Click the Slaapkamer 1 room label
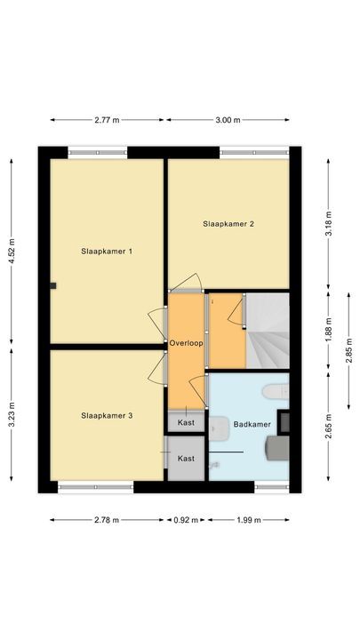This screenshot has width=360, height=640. point(107,252)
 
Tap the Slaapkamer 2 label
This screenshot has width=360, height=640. point(228,224)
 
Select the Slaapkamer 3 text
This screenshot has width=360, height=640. point(107,415)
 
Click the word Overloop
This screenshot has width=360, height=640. point(187,341)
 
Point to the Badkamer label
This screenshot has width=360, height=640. point(252,424)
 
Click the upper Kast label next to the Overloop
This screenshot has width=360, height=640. point(187,422)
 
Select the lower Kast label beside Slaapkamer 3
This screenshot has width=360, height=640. point(187,459)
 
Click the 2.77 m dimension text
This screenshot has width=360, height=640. point(107,120)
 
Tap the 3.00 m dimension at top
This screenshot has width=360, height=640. point(228,120)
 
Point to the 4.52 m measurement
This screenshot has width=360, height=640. point(12,251)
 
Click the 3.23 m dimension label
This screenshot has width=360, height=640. point(12,416)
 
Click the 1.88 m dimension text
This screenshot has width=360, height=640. point(328,331)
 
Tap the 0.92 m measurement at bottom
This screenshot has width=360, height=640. point(187,520)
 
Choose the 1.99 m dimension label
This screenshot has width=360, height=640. point(250,520)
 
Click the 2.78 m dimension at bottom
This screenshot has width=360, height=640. point(107,520)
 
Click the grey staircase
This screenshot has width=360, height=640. point(267,331)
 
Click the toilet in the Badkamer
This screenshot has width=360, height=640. point(272,388)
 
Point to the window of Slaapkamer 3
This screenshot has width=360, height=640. point(95,486)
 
